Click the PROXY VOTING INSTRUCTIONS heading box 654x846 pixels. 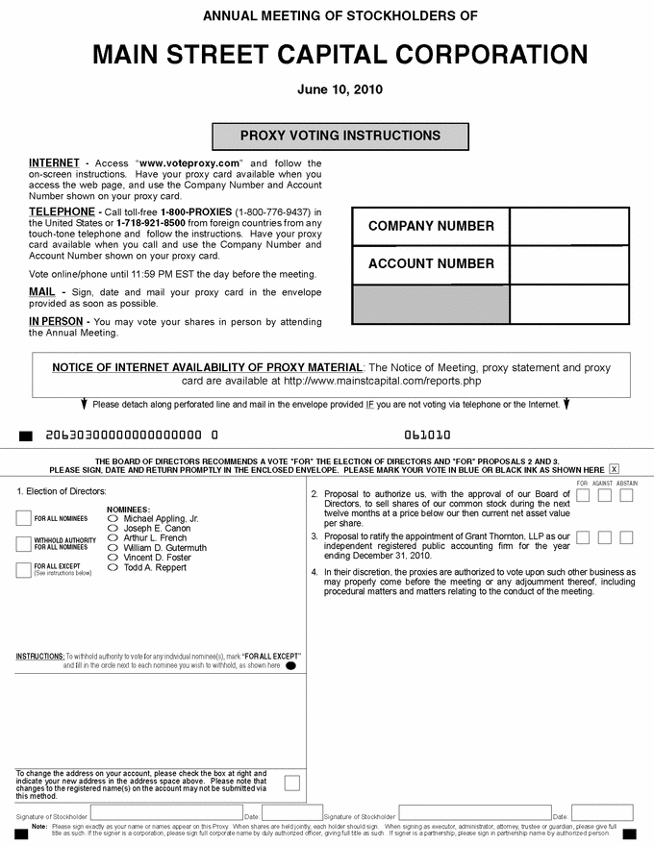pos(340,136)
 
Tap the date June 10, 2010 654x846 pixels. pos(340,89)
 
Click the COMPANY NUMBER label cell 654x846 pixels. pos(431,227)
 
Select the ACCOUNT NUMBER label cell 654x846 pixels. pos(431,264)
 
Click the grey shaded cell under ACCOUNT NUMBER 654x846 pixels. pos(431,304)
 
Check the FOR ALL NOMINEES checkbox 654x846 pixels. pos(24,518)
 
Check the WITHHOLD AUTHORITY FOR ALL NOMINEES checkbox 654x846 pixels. pos(24,544)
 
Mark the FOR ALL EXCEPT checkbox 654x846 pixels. pos(24,569)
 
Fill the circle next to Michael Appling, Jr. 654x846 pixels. pos(113,519)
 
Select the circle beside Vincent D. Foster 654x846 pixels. pos(113,558)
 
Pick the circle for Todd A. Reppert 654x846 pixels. pos(113,568)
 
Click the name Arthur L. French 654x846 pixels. pos(155,538)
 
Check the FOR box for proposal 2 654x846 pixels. pos(583,495)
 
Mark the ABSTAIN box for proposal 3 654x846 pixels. pos(626,537)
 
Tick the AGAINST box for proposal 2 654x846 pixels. pos(605,495)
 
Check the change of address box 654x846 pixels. pos(291,783)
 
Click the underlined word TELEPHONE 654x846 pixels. pos(62,211)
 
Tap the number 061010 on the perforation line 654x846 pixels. pos(428,435)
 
